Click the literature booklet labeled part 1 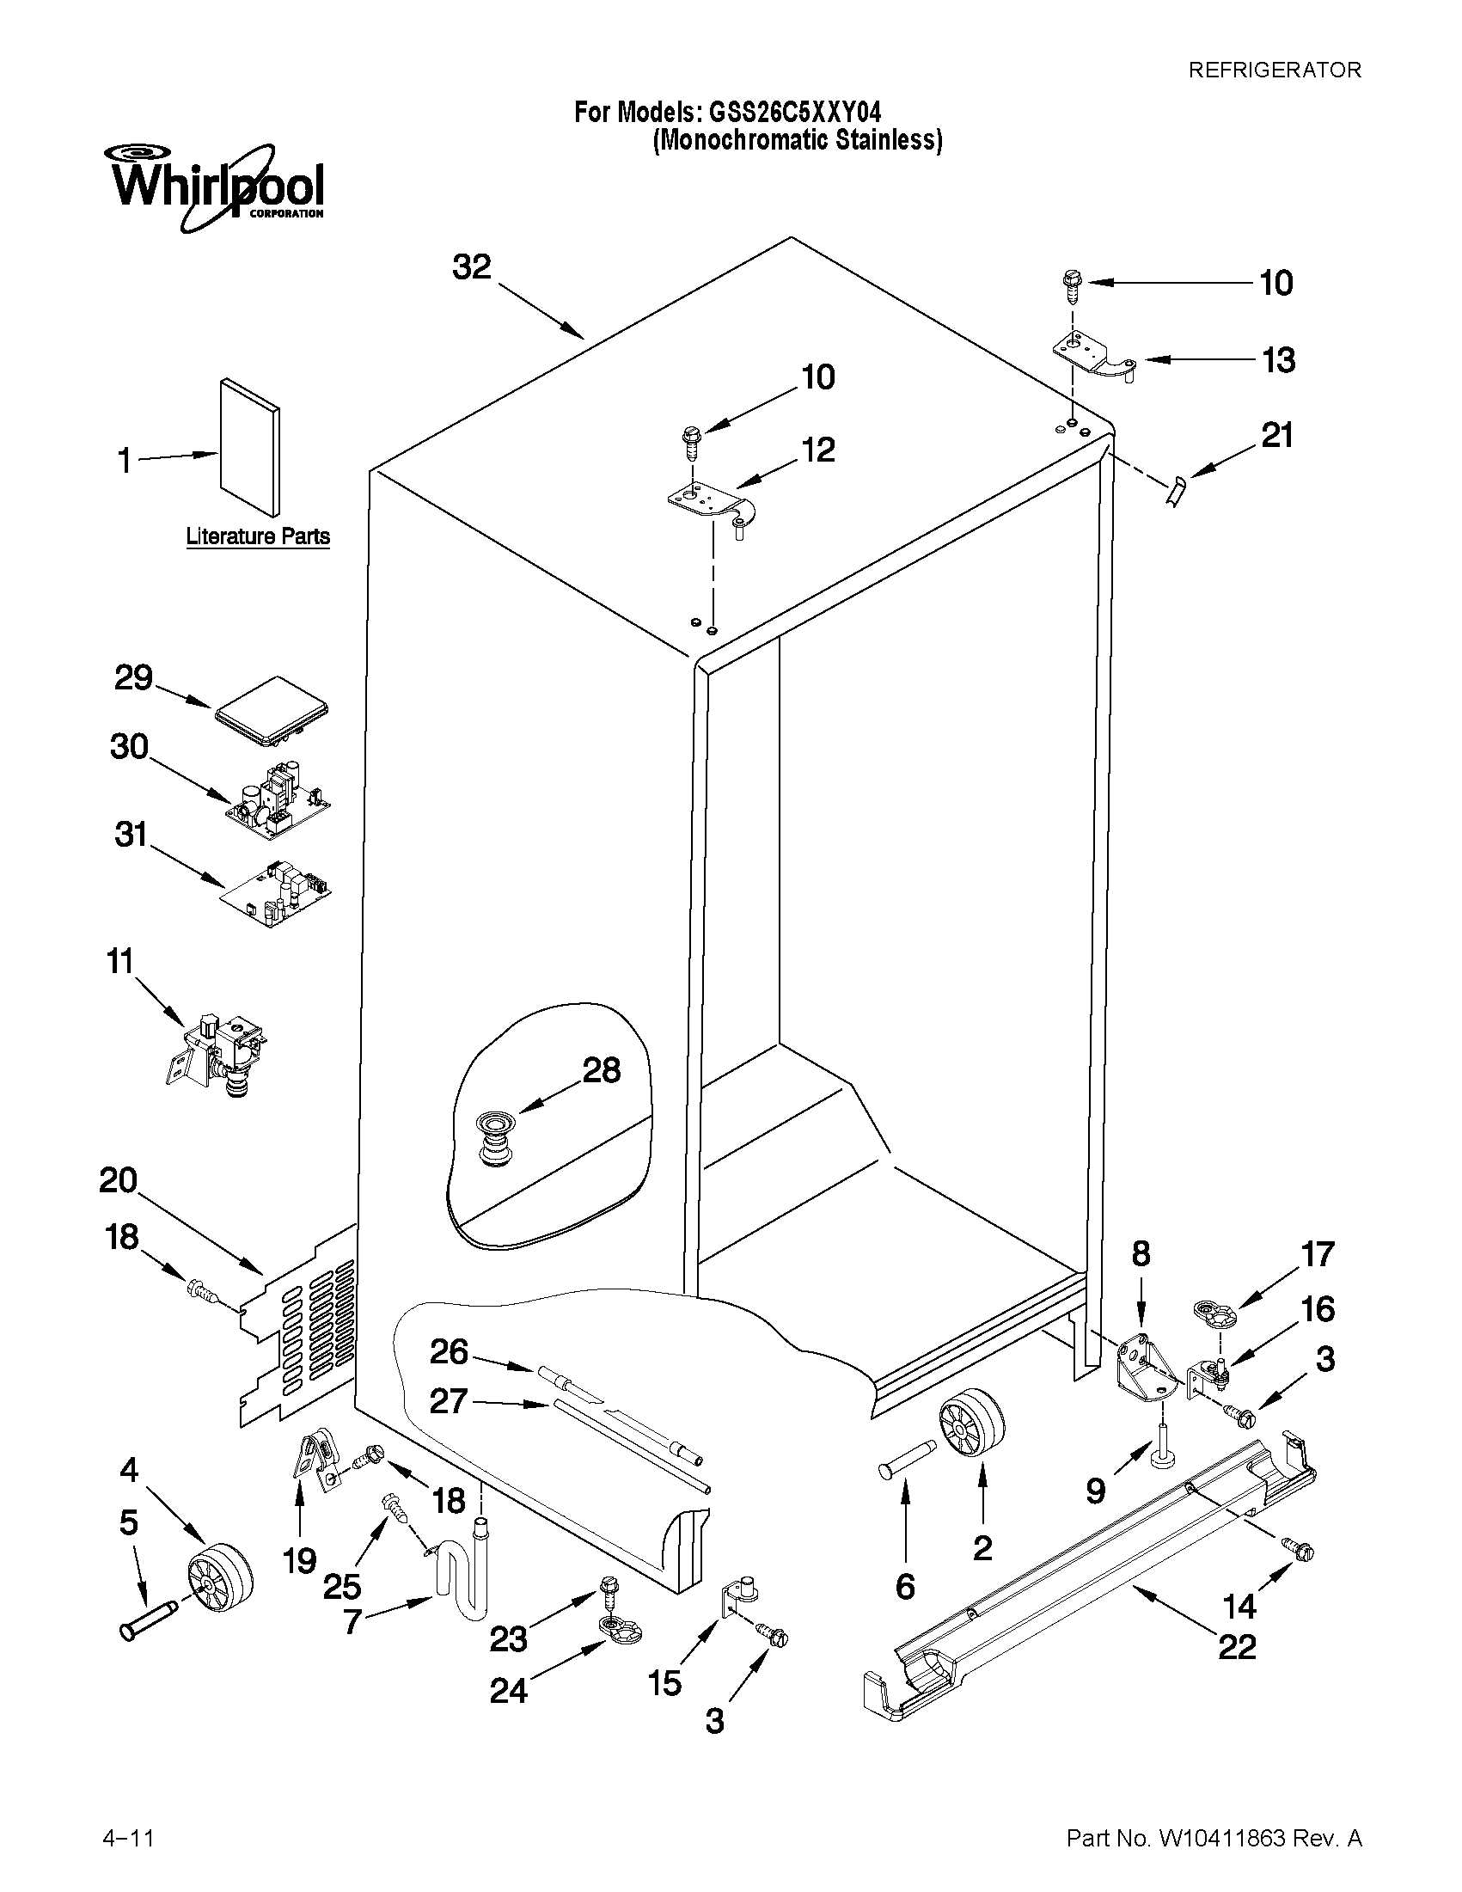(x=249, y=447)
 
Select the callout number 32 (x=472, y=266)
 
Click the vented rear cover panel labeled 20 (x=303, y=1326)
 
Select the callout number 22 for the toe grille (x=1236, y=1645)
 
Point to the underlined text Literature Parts (x=258, y=536)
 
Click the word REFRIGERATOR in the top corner (x=1274, y=70)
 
